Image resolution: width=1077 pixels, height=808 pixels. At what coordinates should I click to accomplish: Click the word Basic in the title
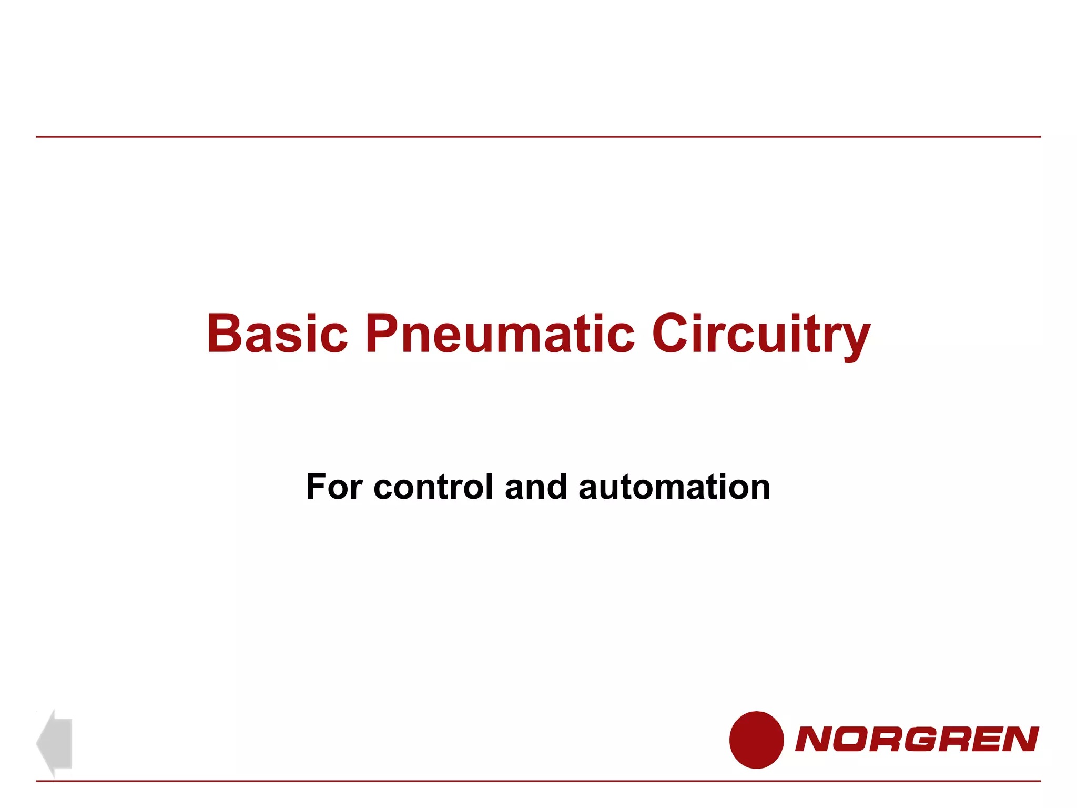[277, 334]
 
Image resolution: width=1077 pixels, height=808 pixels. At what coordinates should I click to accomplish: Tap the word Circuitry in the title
[760, 334]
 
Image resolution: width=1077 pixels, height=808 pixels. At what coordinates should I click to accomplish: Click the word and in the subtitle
[536, 487]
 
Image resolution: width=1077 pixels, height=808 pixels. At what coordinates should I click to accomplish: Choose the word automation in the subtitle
[674, 487]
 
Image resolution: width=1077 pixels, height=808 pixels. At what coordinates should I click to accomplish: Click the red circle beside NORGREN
[756, 740]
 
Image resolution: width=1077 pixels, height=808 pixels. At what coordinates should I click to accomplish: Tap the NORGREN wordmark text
[917, 739]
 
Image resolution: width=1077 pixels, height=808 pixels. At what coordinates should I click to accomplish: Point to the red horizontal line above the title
[538, 137]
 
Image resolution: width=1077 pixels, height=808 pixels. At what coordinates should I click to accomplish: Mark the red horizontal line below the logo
[538, 781]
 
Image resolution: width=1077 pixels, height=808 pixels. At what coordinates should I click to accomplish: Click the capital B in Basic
[225, 334]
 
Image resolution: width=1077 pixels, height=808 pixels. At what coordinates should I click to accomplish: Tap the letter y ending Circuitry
[856, 339]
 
